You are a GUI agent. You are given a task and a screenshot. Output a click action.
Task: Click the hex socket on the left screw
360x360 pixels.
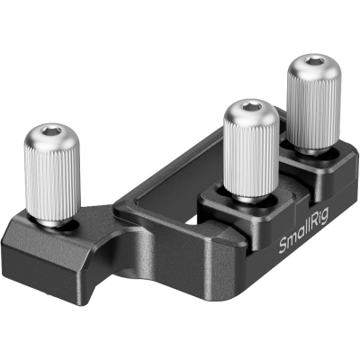[52, 130]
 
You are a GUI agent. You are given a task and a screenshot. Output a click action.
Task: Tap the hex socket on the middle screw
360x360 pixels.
[251, 106]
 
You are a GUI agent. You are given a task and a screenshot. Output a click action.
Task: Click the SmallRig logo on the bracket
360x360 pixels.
[304, 231]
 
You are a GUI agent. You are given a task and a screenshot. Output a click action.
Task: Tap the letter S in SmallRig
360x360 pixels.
[283, 246]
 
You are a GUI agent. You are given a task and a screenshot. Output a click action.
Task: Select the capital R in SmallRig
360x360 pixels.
[315, 221]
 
